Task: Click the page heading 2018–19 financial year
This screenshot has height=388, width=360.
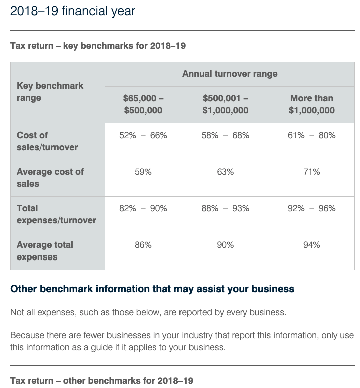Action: tap(72, 11)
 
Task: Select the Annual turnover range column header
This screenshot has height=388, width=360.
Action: tap(230, 74)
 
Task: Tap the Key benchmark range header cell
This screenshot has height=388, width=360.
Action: tap(50, 92)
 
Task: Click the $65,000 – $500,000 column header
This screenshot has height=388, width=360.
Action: tap(143, 104)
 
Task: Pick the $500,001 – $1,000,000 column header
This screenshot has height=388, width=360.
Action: tap(225, 104)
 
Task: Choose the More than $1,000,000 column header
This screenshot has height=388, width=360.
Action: tap(311, 104)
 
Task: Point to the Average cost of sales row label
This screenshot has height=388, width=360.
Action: tap(50, 178)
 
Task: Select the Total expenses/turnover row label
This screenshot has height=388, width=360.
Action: tap(56, 214)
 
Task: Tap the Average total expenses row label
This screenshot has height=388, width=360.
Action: tap(45, 251)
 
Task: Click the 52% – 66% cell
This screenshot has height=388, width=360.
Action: tap(143, 136)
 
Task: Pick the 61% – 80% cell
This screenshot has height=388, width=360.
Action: tap(311, 136)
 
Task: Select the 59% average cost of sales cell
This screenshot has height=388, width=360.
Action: tap(143, 172)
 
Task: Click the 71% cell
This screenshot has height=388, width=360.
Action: tap(311, 172)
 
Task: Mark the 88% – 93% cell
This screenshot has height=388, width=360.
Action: tap(225, 209)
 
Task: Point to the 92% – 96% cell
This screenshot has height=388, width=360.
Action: tap(311, 209)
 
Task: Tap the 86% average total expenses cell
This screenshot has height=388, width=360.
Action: tap(143, 245)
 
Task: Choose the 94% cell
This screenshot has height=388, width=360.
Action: tap(311, 245)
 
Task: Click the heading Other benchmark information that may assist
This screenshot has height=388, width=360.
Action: tap(152, 289)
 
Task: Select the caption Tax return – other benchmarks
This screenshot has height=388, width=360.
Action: tap(101, 380)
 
